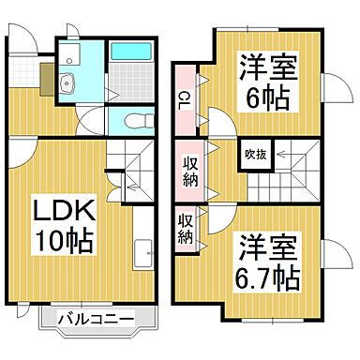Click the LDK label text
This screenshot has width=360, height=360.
pyautogui.click(x=54, y=208)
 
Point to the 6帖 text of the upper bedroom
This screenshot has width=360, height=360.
pyautogui.click(x=265, y=97)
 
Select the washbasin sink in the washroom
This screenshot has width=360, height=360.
pyautogui.click(x=67, y=87)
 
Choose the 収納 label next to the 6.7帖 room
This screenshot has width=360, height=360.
pyautogui.click(x=186, y=230)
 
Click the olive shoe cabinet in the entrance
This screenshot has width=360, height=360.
pyautogui.click(x=47, y=82)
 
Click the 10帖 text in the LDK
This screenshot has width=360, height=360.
pyautogui.click(x=66, y=241)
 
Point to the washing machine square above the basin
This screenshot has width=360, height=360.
pyautogui.click(x=68, y=52)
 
